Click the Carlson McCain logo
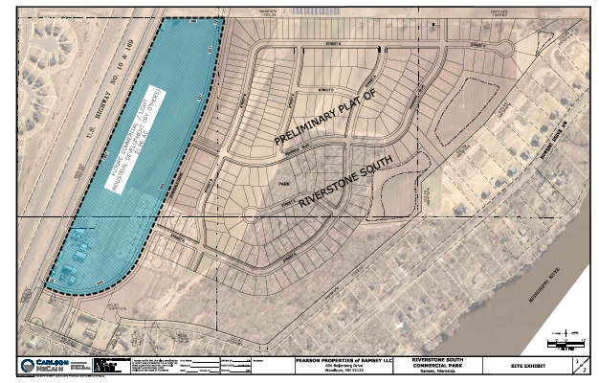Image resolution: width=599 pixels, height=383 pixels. pyautogui.click(x=39, y=366)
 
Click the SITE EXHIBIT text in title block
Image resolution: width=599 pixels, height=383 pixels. pyautogui.click(x=509, y=366)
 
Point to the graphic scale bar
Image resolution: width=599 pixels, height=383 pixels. pyautogui.click(x=565, y=341)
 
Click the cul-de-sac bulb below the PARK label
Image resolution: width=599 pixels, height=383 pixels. pyautogui.click(x=252, y=215)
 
